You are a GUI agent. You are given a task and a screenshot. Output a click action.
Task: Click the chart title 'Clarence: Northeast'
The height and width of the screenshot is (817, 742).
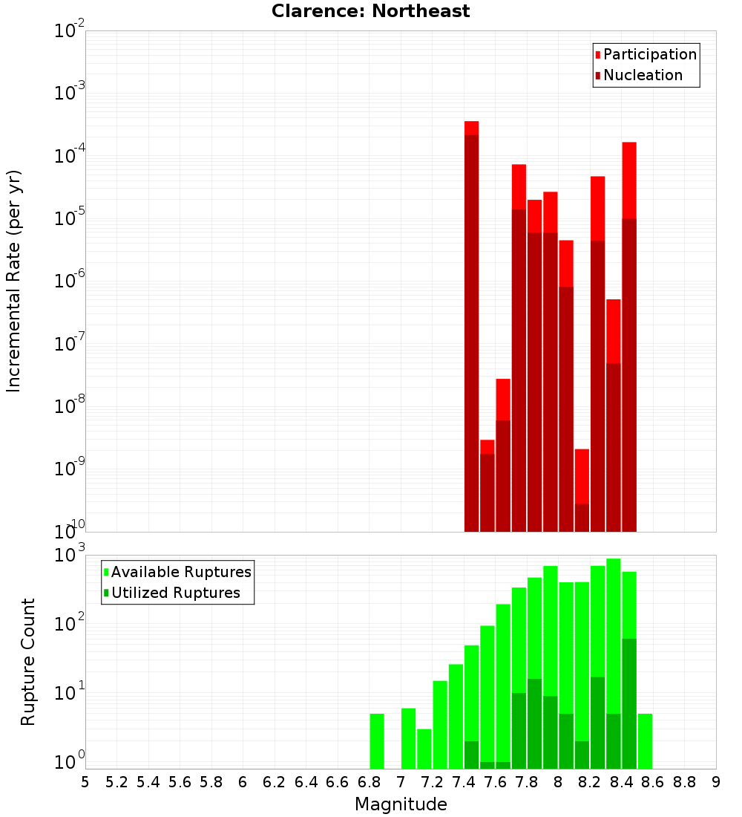[370, 11]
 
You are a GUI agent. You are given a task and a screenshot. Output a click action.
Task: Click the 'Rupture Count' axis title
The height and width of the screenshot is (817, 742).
[28, 662]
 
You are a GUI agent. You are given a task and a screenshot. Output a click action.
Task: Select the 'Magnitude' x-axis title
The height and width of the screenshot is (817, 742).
[401, 804]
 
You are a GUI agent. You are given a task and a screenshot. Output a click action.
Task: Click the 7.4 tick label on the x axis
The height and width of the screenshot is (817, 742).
[464, 782]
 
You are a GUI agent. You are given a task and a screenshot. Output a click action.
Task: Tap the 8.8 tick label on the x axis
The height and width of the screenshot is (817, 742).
[684, 782]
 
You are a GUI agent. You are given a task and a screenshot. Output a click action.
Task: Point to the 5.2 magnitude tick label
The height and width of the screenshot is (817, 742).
[116, 782]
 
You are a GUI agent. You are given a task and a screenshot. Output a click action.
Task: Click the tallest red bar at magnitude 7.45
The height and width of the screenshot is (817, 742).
[471, 327]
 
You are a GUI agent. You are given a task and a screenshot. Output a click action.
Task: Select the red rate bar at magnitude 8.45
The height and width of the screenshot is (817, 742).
[629, 334]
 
